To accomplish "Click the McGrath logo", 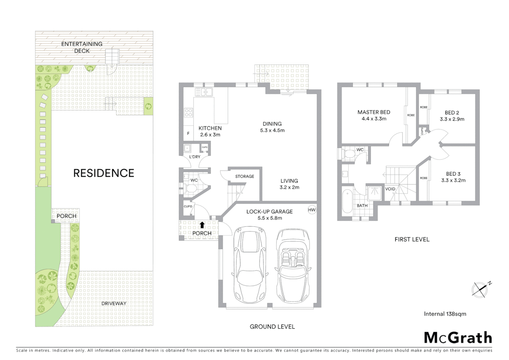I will pos(458,338).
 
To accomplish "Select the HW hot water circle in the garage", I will pos(312,210).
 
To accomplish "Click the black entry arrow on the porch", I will pos(202,225).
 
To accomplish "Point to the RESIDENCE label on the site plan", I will pos(104,173).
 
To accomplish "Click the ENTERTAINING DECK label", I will pos(82,47).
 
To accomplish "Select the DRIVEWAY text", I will pos(114,303).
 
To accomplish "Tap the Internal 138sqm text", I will pos(445,314).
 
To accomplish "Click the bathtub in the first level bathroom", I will pos(347,201).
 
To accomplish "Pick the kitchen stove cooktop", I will pos(189,113).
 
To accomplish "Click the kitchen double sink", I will pos(204,92).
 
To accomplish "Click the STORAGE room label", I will pos(245,176).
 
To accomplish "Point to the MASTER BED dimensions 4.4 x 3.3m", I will pos(374,119).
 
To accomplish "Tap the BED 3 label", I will pos(453,174).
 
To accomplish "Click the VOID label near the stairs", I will pos(390,189).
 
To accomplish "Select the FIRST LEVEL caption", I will pos(412,239).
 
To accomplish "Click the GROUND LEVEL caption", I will pos(272,327).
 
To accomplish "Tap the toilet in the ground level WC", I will pos(191,189).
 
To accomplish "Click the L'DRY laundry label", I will pos(195,157).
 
